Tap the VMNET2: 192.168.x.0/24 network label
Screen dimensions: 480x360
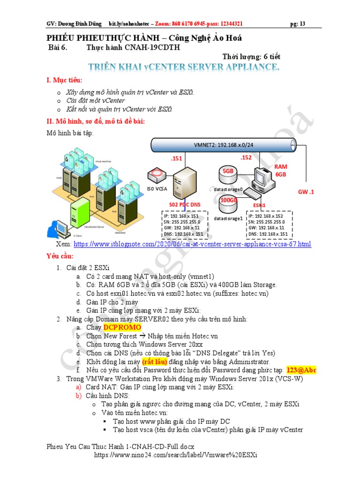pos(224,145)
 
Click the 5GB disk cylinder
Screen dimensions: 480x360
pos(228,172)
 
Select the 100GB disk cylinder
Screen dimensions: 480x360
pos(228,201)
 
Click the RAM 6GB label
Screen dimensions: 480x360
pos(280,170)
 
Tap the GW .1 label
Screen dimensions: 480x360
pos(306,192)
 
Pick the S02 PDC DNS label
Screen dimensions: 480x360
pos(185,205)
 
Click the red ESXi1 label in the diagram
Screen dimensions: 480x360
pos(259,205)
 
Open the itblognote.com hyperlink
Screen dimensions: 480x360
pos(192,244)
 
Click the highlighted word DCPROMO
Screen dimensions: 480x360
pos(122,327)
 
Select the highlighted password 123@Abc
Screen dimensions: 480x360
pos(301,370)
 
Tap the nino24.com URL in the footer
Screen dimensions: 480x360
pos(176,455)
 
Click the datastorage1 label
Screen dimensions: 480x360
pos(228,218)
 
